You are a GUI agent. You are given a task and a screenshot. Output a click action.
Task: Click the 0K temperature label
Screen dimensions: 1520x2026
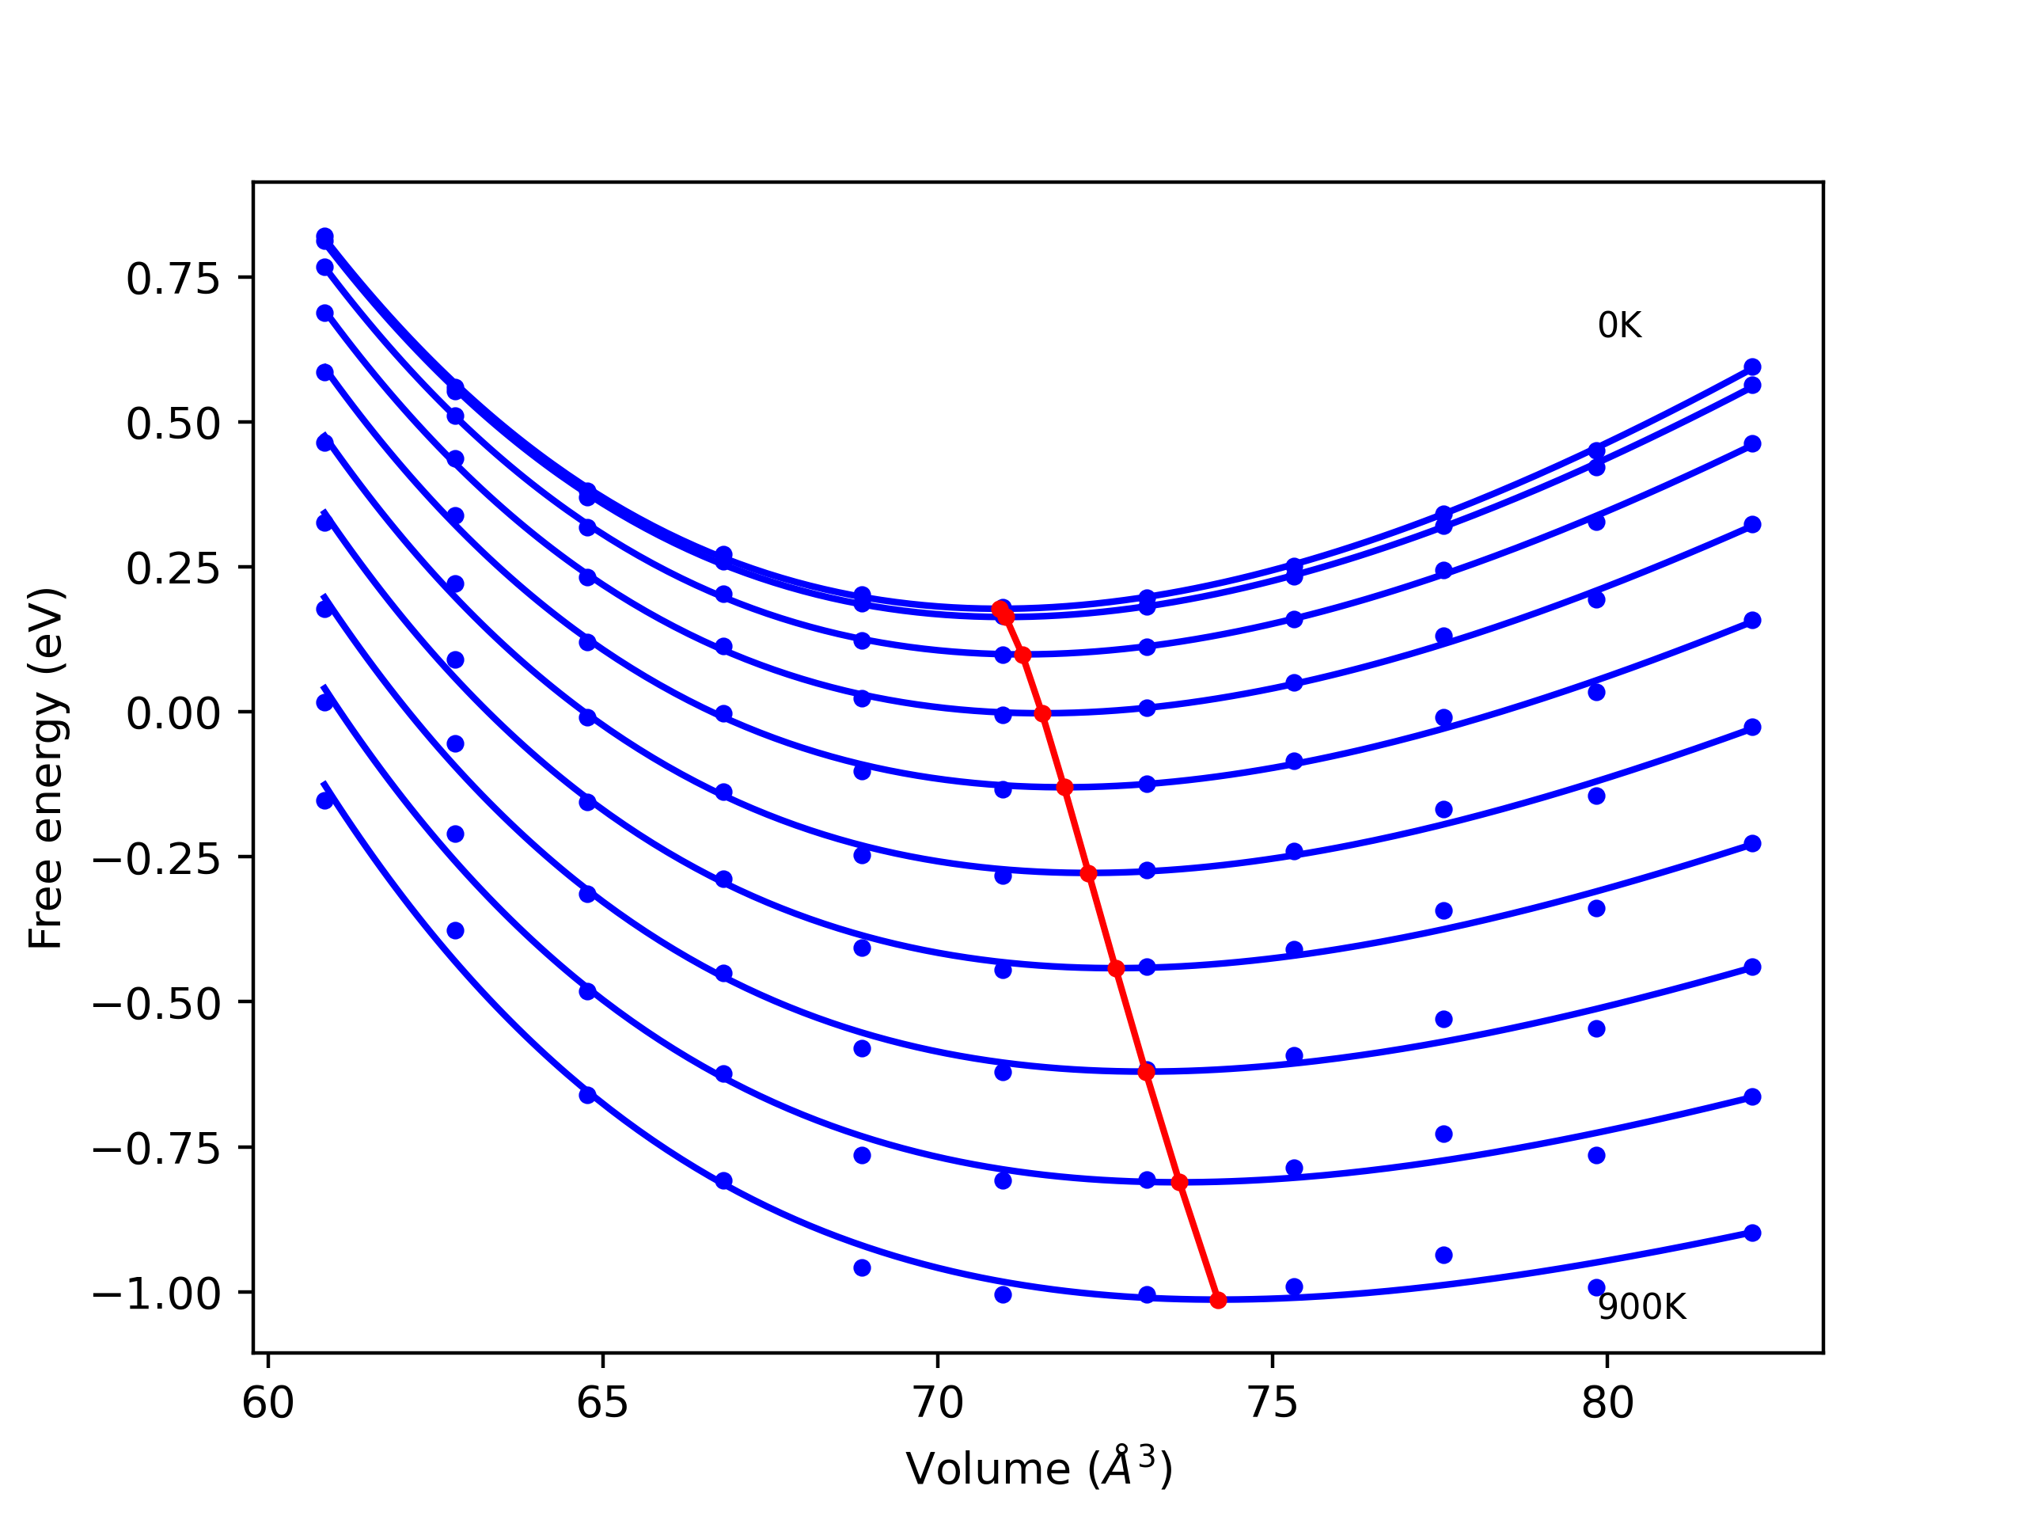pos(1619,326)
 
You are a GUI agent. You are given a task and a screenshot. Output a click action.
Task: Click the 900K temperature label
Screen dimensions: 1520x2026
pos(1641,1308)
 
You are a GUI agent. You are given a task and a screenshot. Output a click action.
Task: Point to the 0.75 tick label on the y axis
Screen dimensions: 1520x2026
pos(173,279)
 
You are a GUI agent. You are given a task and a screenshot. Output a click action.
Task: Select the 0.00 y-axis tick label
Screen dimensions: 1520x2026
pos(173,715)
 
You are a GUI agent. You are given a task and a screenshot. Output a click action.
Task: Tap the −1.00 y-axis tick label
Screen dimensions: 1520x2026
pos(157,1294)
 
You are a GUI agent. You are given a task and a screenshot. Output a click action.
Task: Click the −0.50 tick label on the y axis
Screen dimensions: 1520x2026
pos(157,1005)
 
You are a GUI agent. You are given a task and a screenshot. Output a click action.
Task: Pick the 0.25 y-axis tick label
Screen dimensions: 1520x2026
pos(173,570)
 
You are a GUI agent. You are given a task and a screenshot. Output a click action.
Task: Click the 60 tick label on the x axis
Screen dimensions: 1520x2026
pos(267,1404)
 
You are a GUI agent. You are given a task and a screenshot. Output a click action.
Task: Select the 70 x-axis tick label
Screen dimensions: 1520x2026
pos(937,1404)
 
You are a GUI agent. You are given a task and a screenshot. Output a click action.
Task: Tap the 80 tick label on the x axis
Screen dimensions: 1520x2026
pos(1607,1404)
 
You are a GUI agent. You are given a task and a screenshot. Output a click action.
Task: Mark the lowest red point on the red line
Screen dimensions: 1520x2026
pos(1218,1301)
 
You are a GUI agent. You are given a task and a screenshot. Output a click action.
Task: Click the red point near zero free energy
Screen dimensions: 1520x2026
pos(1042,714)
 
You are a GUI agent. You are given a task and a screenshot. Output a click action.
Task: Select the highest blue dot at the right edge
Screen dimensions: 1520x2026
pos(1752,367)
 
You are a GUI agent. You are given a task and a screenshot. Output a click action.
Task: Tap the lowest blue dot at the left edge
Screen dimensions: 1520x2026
pos(324,801)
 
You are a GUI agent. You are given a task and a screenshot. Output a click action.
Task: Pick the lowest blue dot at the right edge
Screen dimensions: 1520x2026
pos(1752,1233)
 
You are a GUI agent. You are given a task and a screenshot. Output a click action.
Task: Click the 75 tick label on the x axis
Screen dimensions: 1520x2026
pos(1273,1404)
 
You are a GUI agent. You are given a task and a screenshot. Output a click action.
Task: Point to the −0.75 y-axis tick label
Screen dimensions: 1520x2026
pos(157,1149)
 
